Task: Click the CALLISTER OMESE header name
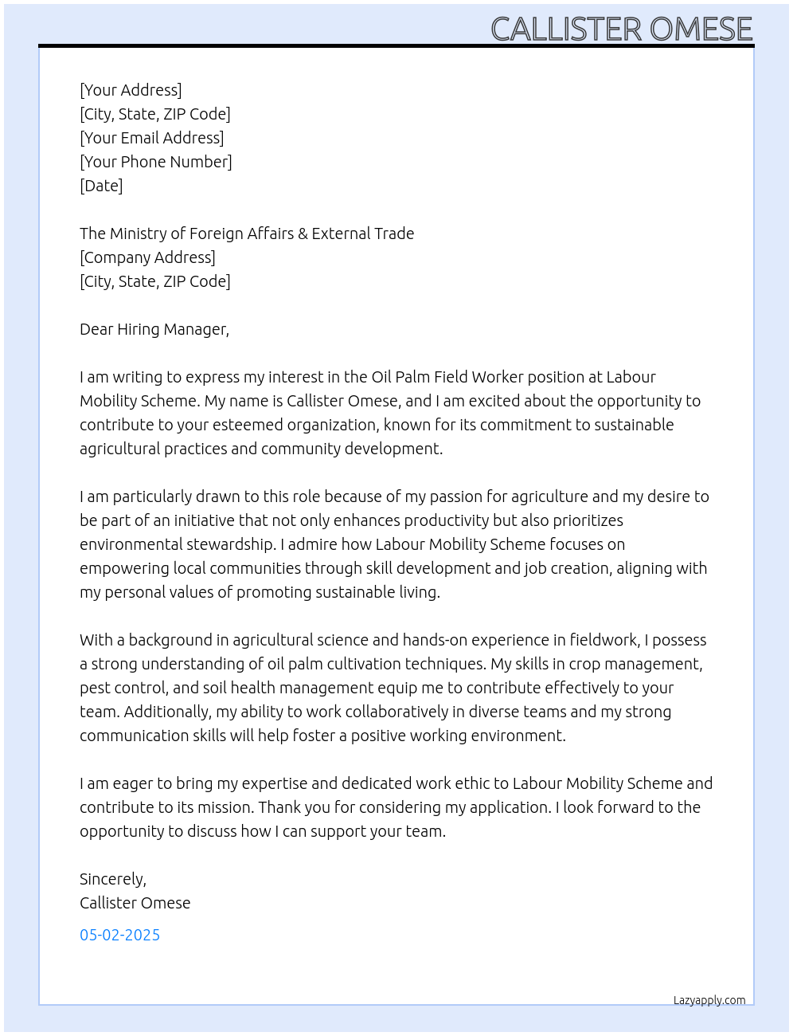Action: (x=621, y=29)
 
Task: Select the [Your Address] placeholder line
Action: (x=131, y=90)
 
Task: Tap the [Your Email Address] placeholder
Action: (x=151, y=138)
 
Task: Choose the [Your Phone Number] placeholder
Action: (x=155, y=162)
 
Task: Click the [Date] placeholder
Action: (x=101, y=186)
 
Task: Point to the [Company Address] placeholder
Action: (x=147, y=257)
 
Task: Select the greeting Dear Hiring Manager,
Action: (x=154, y=329)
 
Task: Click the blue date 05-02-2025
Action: (x=119, y=935)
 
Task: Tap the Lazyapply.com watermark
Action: (x=709, y=1000)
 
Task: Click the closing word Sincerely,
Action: (x=113, y=879)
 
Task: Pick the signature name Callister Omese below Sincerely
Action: (x=135, y=903)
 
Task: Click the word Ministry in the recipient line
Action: (x=138, y=233)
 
